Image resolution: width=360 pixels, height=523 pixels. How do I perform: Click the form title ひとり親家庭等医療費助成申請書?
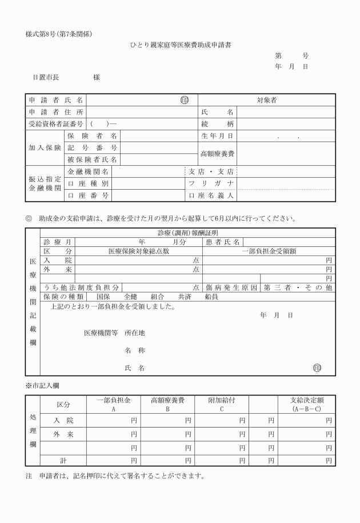(180, 44)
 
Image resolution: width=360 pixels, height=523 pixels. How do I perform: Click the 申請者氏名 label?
(55, 100)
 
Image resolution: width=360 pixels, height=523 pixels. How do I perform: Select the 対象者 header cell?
(266, 100)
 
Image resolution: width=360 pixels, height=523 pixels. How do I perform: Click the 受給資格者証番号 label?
(55, 123)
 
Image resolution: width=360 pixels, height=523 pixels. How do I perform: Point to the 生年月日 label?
(217, 136)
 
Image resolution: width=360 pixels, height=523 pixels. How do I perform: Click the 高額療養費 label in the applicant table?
(217, 154)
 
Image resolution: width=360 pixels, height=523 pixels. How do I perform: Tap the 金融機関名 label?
(89, 171)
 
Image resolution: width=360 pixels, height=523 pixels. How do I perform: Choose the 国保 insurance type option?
(103, 297)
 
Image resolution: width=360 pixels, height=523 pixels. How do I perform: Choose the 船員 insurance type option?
(211, 297)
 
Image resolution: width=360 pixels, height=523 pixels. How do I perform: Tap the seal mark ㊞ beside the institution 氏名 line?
(317, 368)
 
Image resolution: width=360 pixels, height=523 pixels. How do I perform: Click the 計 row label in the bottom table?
(63, 460)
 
